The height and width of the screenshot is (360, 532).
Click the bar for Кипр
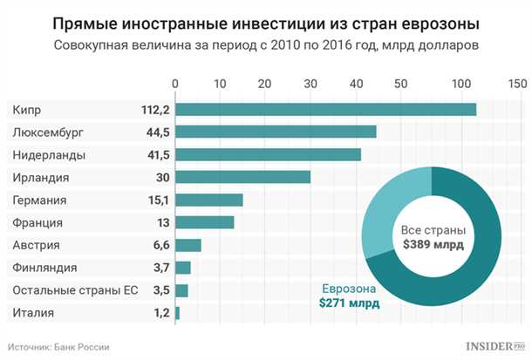(326, 109)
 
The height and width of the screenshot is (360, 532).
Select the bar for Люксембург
(276, 132)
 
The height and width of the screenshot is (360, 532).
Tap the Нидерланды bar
(269, 154)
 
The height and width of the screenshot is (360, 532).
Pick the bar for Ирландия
(243, 177)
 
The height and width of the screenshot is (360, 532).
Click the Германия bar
(209, 200)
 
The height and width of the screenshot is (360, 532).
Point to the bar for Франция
(205, 222)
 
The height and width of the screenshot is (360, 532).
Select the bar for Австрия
(188, 245)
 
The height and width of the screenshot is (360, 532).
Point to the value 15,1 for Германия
(156, 200)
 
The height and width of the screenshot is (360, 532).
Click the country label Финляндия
(45, 268)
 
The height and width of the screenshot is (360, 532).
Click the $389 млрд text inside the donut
(432, 245)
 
